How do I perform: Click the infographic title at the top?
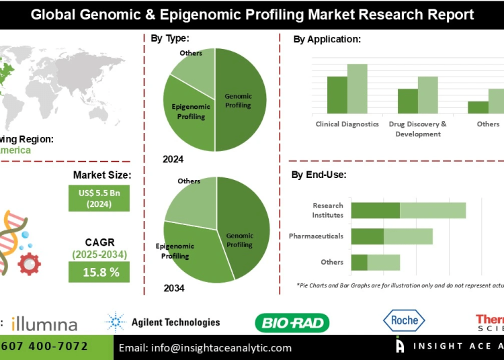click(251, 14)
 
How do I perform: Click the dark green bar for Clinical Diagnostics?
click(337, 95)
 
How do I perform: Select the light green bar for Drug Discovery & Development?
click(427, 95)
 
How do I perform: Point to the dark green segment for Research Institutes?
click(375, 210)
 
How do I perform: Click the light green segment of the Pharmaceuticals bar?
click(408, 236)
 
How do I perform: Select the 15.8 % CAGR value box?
click(99, 272)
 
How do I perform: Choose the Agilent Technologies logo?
click(163, 322)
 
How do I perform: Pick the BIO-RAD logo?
click(292, 323)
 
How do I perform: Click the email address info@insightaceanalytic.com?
click(205, 348)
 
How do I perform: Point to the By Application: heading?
click(327, 40)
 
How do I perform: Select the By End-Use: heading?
click(319, 175)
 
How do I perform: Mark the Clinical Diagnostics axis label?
click(347, 124)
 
